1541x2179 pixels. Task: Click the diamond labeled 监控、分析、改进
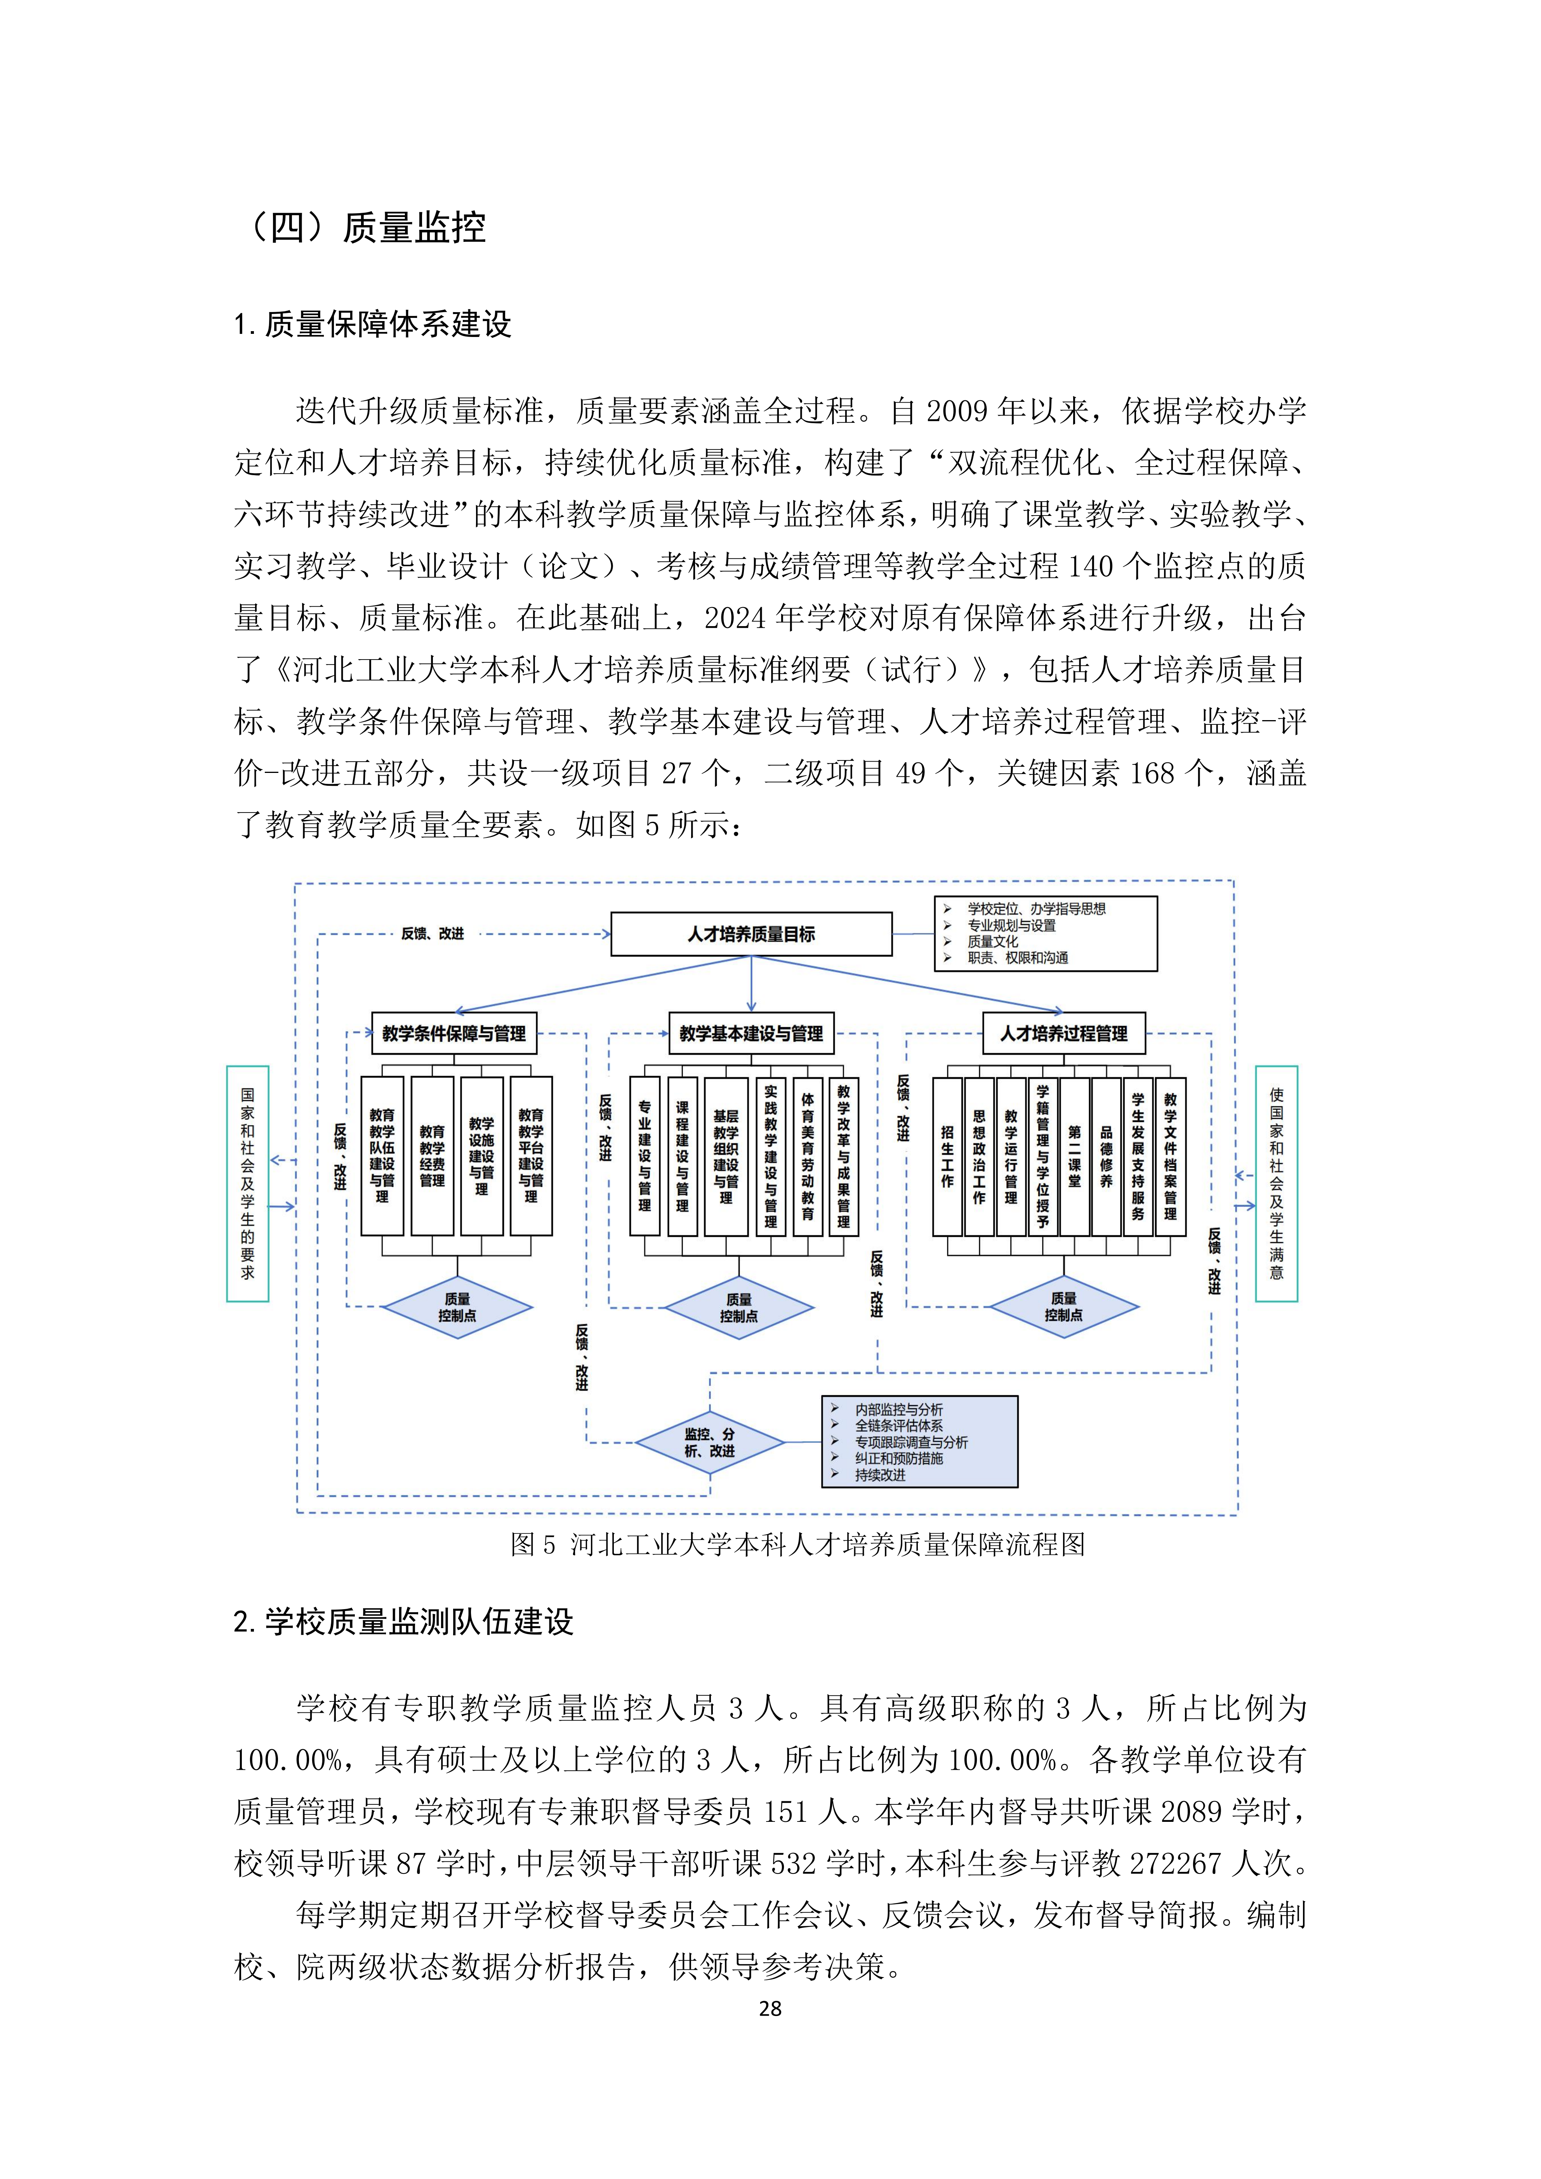[710, 1443]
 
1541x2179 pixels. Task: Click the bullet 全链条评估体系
[898, 1425]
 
